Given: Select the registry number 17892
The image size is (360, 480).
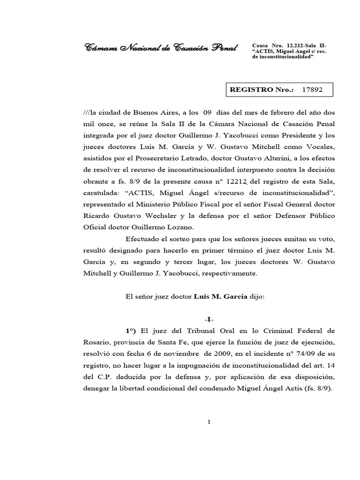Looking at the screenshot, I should [x=312, y=89].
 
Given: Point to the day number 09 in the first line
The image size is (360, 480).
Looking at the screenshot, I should [x=208, y=113].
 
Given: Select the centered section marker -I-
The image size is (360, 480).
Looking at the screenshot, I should [x=208, y=319].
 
